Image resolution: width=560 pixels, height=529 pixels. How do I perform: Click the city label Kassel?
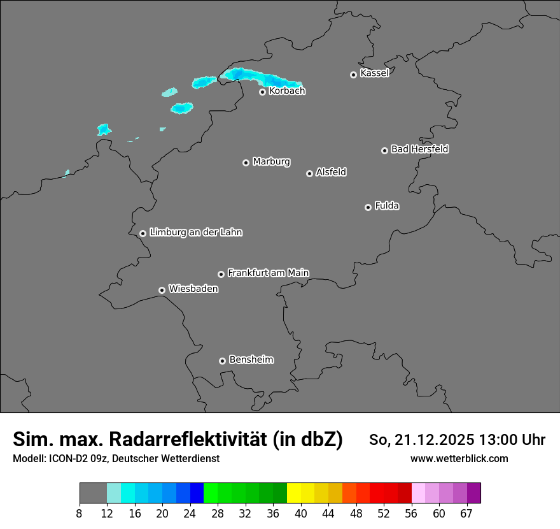pyautogui.click(x=374, y=73)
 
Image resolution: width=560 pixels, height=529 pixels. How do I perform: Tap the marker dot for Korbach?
pyautogui.click(x=262, y=92)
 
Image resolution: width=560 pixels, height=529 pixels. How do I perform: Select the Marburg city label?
pyautogui.click(x=271, y=162)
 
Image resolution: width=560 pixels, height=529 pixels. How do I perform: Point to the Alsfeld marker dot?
pyautogui.click(x=309, y=173)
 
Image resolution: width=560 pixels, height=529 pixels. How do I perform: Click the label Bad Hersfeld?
pyautogui.click(x=419, y=149)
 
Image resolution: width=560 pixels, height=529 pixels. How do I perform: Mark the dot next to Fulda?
pyautogui.click(x=368, y=207)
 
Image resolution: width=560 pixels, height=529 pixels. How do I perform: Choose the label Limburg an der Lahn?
pyautogui.click(x=195, y=233)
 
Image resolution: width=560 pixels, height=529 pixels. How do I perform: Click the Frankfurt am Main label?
pyautogui.click(x=268, y=273)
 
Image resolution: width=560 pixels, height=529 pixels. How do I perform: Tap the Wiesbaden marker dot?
pyautogui.click(x=162, y=290)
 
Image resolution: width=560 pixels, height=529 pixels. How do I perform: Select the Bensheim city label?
pyautogui.click(x=251, y=359)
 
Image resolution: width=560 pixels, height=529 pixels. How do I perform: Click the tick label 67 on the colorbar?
pyautogui.click(x=466, y=514)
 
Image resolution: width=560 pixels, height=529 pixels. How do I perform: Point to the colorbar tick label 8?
pyautogui.click(x=79, y=514)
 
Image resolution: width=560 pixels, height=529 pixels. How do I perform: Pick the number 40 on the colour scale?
pyautogui.click(x=300, y=514)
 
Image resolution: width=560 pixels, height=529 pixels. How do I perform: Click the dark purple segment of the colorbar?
pyautogui.click(x=474, y=493)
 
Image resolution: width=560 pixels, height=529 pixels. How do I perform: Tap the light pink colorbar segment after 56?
pyautogui.click(x=419, y=493)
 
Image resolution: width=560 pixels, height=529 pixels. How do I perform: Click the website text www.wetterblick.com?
pyautogui.click(x=459, y=458)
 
